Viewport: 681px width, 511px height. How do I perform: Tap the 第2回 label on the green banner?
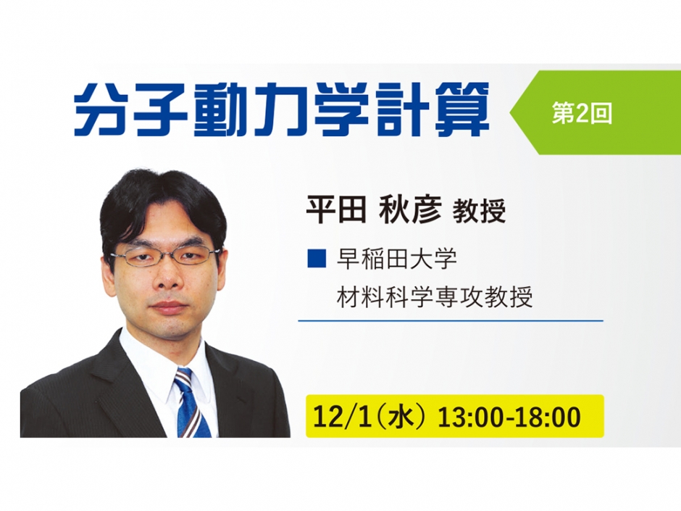click(582, 113)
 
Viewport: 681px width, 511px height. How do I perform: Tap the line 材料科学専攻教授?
click(435, 296)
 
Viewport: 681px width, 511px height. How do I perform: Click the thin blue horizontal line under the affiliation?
click(450, 320)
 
